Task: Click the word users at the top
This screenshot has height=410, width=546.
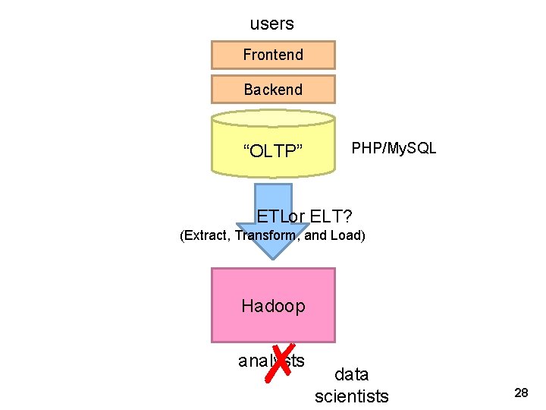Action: pos(271,24)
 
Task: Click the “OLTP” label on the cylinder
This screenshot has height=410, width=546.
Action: pos(272,151)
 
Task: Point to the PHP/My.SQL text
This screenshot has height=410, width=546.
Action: pos(394,148)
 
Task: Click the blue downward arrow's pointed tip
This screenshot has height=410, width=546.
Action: pos(271,256)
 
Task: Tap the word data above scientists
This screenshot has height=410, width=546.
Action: pos(351,374)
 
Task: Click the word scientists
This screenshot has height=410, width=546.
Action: pos(351,396)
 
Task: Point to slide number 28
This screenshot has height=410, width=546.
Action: pos(521,393)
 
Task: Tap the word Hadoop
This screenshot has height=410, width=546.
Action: pos(273,306)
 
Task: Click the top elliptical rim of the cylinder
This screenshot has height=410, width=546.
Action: pos(272,118)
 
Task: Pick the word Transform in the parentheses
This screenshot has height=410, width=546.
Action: pos(265,235)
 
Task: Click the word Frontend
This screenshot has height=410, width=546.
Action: pos(272,55)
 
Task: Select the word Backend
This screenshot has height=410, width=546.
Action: pos(273,90)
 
